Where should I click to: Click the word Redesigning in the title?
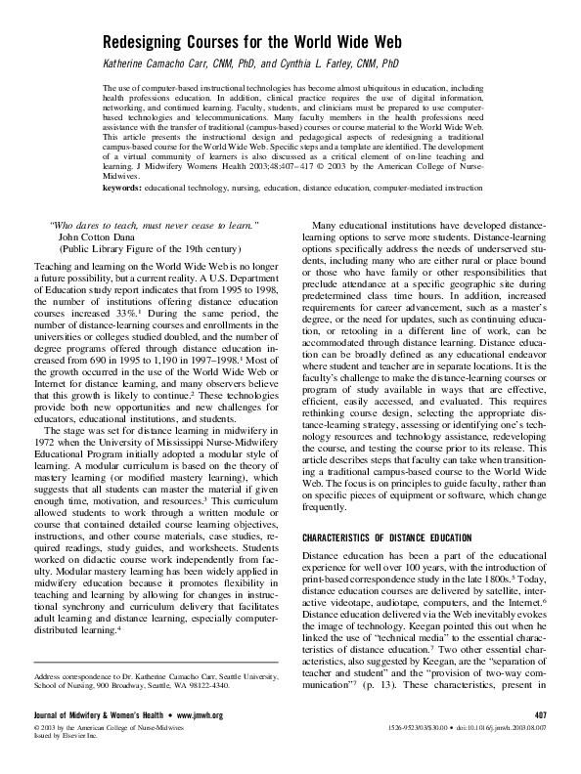point(149,43)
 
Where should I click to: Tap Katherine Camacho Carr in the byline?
point(162,64)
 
